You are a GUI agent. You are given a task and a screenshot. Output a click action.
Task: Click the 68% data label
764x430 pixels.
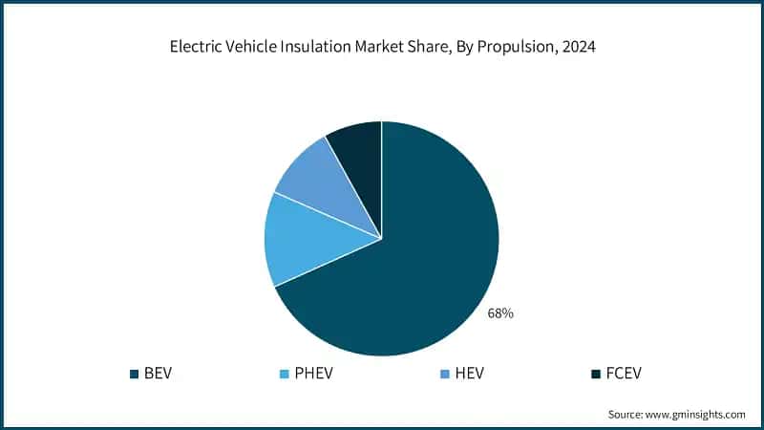click(x=500, y=313)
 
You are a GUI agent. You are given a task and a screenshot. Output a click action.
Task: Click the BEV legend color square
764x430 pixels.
click(x=133, y=373)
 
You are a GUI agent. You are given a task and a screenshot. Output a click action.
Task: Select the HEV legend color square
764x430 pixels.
click(x=442, y=373)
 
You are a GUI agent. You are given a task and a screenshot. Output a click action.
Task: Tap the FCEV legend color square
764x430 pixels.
click(x=597, y=373)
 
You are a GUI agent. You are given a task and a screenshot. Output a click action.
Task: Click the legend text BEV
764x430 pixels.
click(x=157, y=373)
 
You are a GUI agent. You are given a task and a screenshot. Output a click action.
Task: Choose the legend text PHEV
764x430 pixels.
click(x=313, y=373)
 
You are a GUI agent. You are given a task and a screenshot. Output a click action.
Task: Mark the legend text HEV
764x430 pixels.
click(x=467, y=373)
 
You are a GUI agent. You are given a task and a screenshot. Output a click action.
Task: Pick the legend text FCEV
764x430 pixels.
click(x=624, y=373)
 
